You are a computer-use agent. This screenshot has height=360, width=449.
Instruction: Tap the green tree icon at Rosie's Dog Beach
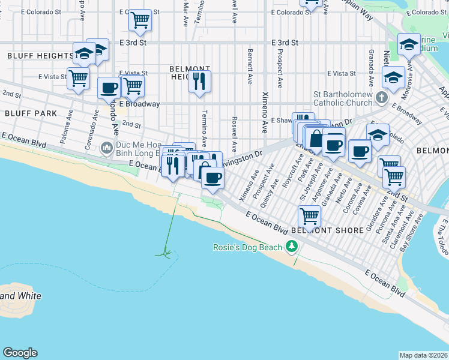[x=292, y=246]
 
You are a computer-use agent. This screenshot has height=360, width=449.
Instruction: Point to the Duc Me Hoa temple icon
[x=107, y=147]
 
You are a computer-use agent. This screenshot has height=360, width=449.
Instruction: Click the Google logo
[x=20, y=353]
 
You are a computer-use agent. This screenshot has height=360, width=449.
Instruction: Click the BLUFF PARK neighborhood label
[x=31, y=113]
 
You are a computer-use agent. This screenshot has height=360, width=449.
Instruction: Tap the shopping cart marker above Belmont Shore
[x=309, y=215]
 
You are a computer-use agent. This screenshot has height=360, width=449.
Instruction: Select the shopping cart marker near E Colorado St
[x=140, y=20]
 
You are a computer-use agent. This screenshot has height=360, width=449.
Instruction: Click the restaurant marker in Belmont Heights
[x=199, y=80]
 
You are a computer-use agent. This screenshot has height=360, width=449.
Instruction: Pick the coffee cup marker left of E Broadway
[x=109, y=88]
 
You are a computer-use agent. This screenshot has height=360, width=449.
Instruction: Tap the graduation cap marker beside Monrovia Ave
[x=393, y=77]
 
